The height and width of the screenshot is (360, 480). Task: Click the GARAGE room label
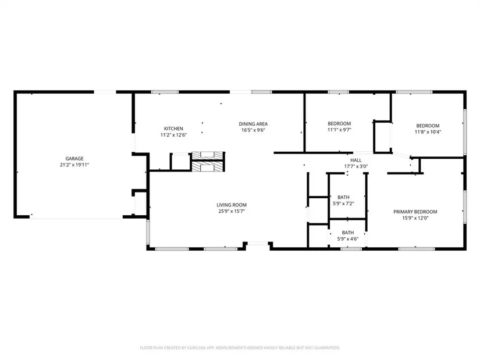tap(74, 159)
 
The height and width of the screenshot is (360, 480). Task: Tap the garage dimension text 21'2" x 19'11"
tap(74, 165)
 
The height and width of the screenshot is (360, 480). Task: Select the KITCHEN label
tap(173, 129)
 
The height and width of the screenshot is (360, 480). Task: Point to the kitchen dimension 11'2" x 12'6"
tap(173, 135)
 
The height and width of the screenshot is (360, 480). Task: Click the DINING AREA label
tap(253, 124)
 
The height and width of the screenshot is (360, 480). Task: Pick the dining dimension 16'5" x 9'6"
tap(253, 130)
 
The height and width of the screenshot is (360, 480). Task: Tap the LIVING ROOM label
tap(232, 205)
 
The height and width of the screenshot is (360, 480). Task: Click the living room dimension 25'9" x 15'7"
tap(232, 211)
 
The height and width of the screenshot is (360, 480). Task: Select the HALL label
tap(355, 160)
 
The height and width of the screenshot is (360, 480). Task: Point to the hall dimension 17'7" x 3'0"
tap(355, 166)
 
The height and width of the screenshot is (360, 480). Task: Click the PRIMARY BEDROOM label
tap(415, 212)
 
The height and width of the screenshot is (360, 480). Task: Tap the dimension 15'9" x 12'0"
tap(415, 218)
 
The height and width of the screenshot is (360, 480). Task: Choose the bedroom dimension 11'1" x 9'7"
tap(339, 130)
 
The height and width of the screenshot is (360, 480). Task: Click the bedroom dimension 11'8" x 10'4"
tap(428, 132)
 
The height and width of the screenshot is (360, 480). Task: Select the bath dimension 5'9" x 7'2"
tap(343, 204)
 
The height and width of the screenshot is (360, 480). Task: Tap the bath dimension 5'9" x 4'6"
tap(348, 239)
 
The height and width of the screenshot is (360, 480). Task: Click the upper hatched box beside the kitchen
tap(208, 155)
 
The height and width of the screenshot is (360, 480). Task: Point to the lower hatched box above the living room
tap(208, 166)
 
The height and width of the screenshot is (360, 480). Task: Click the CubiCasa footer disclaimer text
tap(240, 348)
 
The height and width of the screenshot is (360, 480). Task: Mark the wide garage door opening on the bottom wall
tap(77, 217)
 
